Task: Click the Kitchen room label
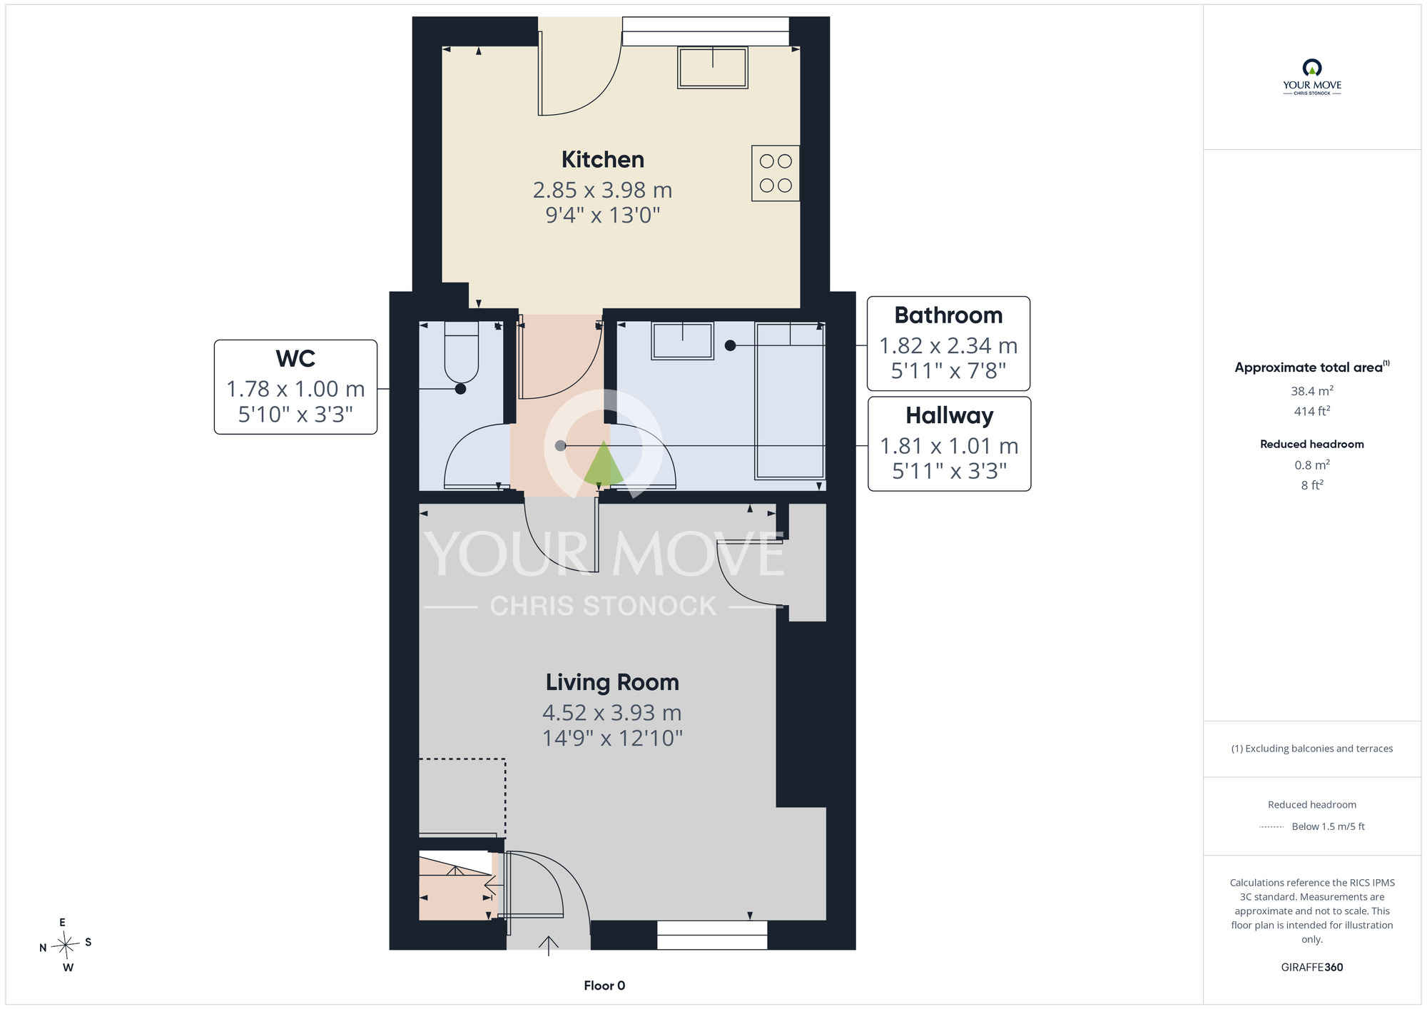tap(603, 159)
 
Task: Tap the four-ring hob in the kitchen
tap(776, 173)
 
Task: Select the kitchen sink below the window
tap(713, 68)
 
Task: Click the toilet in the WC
tap(462, 353)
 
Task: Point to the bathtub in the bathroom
tap(790, 401)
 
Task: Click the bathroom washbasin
tap(683, 340)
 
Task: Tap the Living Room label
tap(612, 682)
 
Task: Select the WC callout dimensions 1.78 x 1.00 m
tap(295, 389)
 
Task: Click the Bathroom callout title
tap(948, 315)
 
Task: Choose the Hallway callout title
tap(949, 415)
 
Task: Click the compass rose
tap(66, 945)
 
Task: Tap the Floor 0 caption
tap(604, 985)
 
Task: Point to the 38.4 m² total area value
tap(1311, 390)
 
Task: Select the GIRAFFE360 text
tap(1311, 968)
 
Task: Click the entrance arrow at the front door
tap(548, 945)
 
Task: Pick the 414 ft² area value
tap(1311, 411)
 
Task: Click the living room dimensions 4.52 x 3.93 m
tap(612, 713)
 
